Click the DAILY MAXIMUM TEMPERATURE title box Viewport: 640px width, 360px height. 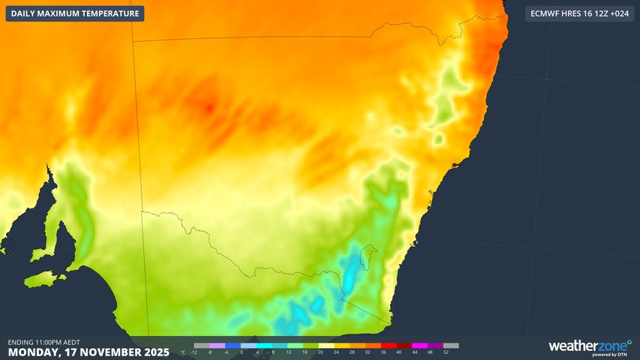click(75, 13)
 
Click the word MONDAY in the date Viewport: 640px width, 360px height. click(33, 352)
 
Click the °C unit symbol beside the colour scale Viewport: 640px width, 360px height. click(184, 352)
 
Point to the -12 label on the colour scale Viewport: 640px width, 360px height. click(194, 352)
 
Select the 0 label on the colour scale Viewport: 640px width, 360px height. click(242, 352)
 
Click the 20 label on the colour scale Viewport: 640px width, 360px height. click(320, 352)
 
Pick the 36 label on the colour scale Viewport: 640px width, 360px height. click(383, 352)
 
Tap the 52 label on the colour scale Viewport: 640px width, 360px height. click(446, 352)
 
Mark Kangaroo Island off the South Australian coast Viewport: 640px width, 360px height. click(42, 280)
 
